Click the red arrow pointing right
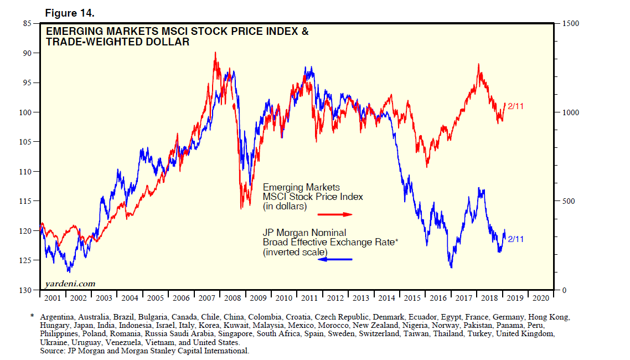point(334,214)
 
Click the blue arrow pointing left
point(334,259)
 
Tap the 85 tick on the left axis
point(27,23)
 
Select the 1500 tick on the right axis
point(571,23)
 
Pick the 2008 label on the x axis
point(233,298)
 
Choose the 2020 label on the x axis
point(540,298)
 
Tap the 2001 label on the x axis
point(53,298)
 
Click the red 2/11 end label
point(515,106)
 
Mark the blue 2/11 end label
point(515,239)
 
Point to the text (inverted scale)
point(295,253)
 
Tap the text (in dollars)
point(285,207)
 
